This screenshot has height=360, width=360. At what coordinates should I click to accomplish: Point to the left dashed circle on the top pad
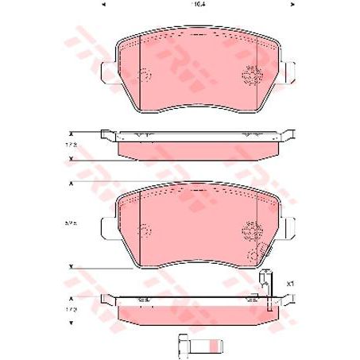[145, 76]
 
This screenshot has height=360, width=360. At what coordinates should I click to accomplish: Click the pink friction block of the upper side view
[198, 149]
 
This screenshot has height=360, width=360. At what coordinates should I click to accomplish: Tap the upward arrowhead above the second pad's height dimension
[72, 184]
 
